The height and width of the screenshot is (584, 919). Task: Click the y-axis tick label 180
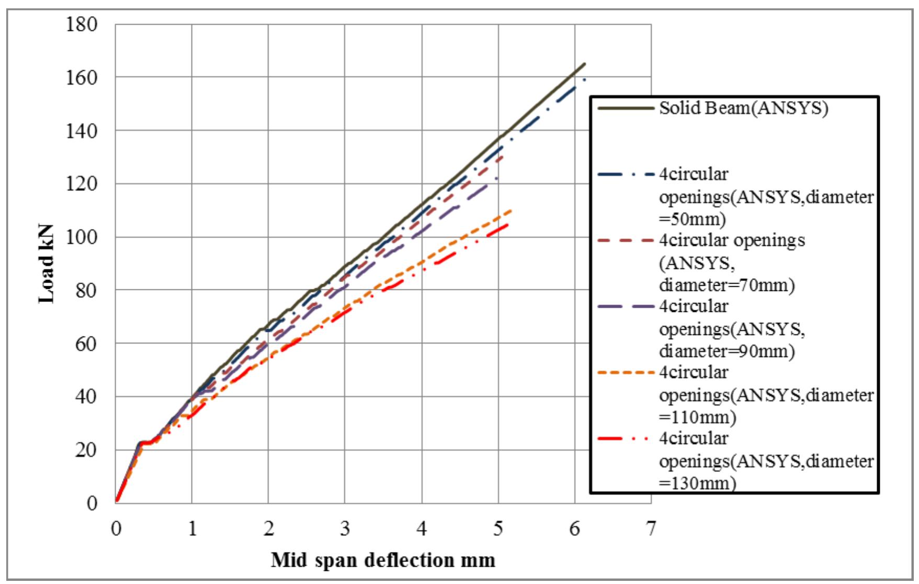[x=82, y=24]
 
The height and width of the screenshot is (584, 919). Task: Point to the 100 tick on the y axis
[x=82, y=237]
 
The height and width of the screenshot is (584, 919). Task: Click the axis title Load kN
[x=47, y=264]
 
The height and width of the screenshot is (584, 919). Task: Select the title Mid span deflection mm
[x=383, y=560]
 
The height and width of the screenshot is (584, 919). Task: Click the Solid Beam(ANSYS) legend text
[x=743, y=108]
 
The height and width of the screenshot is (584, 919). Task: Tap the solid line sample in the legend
[x=626, y=108]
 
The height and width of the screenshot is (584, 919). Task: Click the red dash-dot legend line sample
[x=626, y=439]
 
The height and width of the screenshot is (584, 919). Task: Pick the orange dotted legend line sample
[x=626, y=373]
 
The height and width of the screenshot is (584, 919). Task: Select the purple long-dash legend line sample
[x=626, y=306]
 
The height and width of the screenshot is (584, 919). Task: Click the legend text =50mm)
[x=692, y=219]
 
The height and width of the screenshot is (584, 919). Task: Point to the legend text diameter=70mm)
[x=727, y=285]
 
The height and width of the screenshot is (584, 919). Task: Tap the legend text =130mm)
[x=697, y=482]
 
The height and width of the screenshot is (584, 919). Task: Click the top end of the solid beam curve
[x=585, y=64]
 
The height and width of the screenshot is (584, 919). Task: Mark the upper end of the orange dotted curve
[x=511, y=210]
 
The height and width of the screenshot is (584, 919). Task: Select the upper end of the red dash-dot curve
[x=507, y=224]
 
